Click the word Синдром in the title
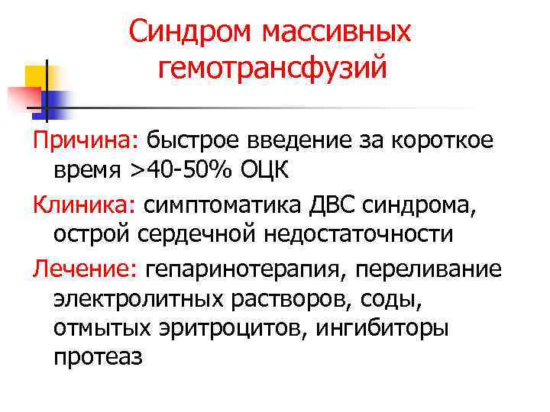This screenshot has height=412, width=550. [191, 32]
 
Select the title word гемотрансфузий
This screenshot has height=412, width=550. [272, 69]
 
